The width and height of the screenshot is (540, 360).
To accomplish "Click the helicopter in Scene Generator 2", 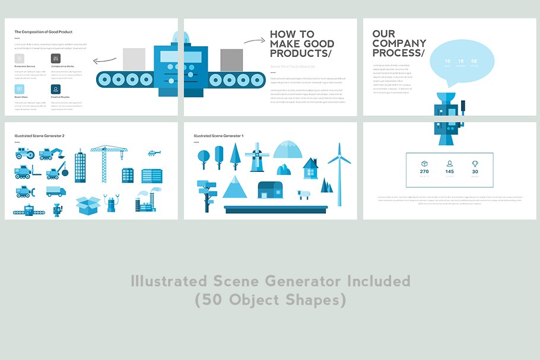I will point(153,153).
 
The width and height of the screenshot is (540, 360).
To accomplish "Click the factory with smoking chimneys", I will point(147,202).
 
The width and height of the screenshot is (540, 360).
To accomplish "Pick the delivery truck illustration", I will point(56,191).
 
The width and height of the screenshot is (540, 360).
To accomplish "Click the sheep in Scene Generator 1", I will point(304,195).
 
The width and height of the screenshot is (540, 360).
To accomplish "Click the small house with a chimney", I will point(310,168).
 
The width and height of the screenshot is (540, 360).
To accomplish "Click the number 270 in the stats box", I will point(424,172).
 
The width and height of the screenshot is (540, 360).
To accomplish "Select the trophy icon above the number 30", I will point(475,164).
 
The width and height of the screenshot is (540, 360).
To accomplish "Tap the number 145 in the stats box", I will point(449,172).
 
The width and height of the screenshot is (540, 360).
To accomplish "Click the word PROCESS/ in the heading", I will point(399,53).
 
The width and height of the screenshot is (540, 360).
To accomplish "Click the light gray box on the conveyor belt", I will point(134,59).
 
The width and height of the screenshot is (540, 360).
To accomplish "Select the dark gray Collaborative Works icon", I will point(55,59).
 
